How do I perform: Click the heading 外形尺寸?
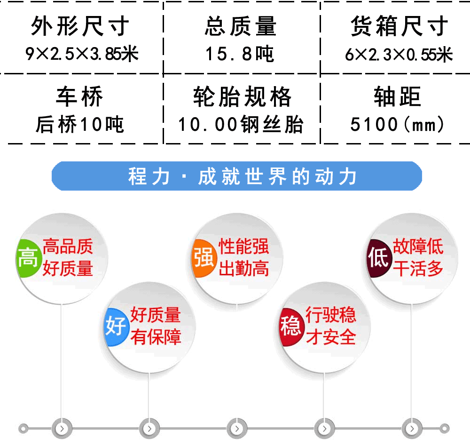pos(80,26)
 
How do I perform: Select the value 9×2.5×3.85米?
pos(82,54)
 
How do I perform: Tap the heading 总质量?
pos(240,26)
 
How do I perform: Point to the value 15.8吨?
pos(240,54)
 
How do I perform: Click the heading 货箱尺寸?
pos(399,26)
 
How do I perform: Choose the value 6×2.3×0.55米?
pos(399,55)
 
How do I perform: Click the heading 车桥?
pos(79,96)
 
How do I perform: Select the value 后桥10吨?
pos(80,124)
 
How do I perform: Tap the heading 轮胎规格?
pos(242,96)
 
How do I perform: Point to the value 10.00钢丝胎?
pos(241,124)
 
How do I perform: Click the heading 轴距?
pos(397,96)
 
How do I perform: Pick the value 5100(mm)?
pos(397,124)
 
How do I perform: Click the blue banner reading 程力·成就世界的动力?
pos(237,176)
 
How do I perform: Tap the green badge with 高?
pos(28,258)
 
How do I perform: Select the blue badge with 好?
pos(116,327)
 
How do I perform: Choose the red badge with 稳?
pos(290,327)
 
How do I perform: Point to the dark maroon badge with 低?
pos(379,258)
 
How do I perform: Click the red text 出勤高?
pos(243,268)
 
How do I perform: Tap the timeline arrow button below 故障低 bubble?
pos(412,429)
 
